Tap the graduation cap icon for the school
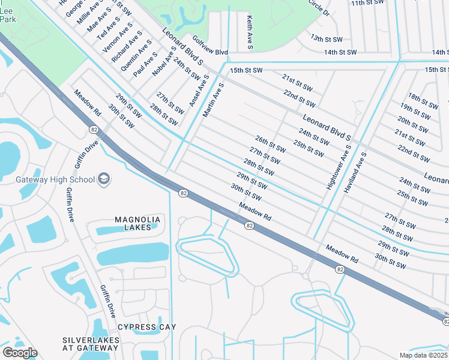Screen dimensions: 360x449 [x=104, y=179]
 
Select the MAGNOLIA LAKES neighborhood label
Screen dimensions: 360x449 [x=139, y=223]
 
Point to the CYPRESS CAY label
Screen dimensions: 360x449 [x=147, y=326]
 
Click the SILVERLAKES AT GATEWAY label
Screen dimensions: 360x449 [x=91, y=344]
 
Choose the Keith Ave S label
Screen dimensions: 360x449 [x=250, y=32]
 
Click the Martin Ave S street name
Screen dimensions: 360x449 [x=213, y=100]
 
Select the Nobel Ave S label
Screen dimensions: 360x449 [x=164, y=62]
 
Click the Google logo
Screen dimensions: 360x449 [x=20, y=353]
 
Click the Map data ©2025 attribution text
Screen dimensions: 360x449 [x=424, y=355]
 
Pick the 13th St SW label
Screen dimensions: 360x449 [x=326, y=38]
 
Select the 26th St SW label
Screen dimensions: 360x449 [x=270, y=145]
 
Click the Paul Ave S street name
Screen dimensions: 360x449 [x=146, y=64]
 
